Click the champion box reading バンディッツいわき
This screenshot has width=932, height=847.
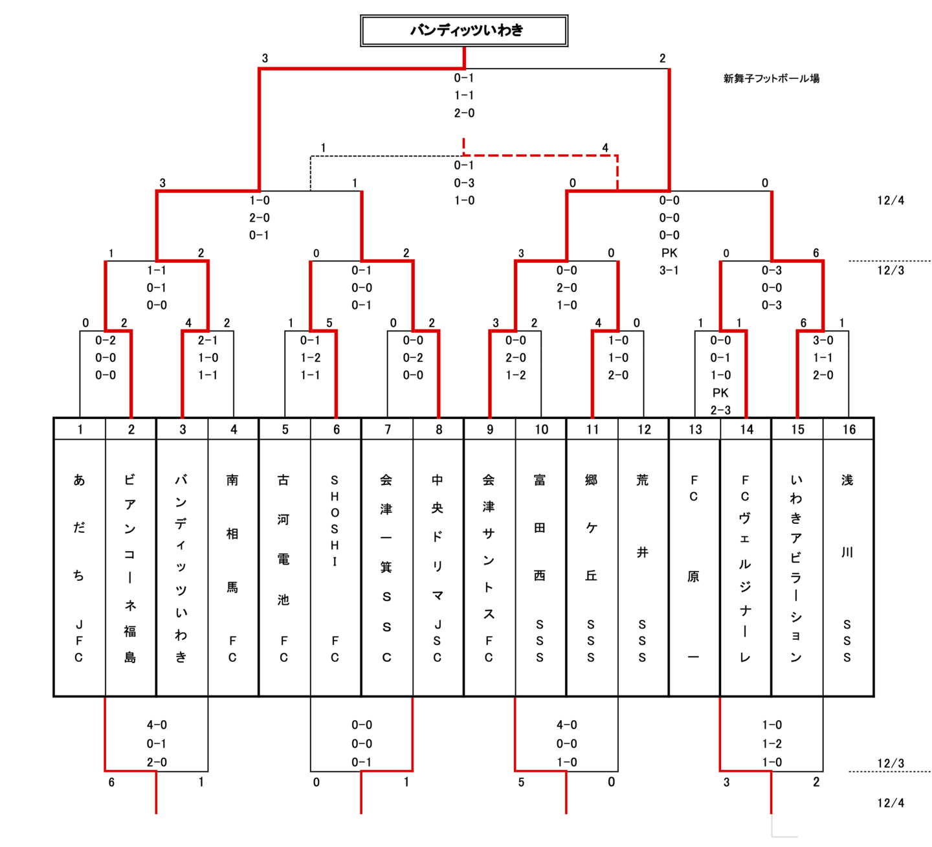click(x=464, y=30)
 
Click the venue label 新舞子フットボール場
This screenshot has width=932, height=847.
click(x=771, y=78)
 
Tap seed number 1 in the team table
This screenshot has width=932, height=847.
click(x=80, y=429)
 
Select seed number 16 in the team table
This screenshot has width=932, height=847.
click(x=849, y=429)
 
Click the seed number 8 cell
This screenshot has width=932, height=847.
click(x=439, y=429)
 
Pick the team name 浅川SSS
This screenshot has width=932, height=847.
click(x=847, y=568)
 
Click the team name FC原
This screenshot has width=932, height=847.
click(x=694, y=568)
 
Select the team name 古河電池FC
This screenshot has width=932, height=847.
click(x=283, y=568)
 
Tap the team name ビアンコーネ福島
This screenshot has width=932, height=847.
click(x=130, y=568)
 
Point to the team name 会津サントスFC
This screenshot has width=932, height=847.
click(x=489, y=568)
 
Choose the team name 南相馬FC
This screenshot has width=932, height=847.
click(x=232, y=568)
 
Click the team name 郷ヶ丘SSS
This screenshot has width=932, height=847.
click(x=591, y=568)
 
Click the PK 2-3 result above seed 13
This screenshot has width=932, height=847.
click(x=720, y=401)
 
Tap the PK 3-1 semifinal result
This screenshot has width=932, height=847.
click(x=669, y=262)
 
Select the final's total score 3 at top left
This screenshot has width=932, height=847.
click(x=265, y=58)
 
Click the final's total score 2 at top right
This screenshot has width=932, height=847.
click(x=662, y=58)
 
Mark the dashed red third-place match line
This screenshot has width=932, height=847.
click(x=540, y=155)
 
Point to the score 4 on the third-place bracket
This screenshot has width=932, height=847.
click(x=605, y=148)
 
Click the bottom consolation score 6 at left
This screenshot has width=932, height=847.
click(x=111, y=782)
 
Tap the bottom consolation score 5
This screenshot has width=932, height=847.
click(x=521, y=782)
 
